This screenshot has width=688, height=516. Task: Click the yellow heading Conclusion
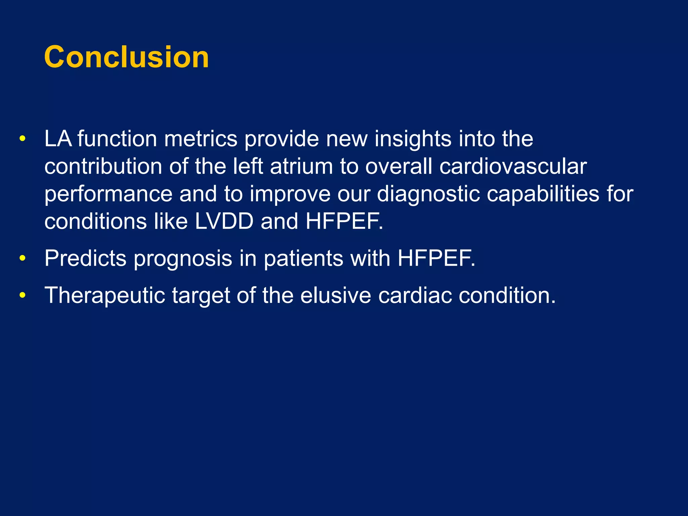[x=126, y=57]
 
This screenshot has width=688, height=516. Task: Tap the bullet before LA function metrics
[x=23, y=138]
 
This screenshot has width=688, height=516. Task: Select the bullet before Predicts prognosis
[x=23, y=258]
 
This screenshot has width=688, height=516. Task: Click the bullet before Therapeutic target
[x=23, y=295]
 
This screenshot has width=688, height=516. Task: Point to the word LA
[x=58, y=138]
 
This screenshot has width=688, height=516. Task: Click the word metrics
[x=201, y=138]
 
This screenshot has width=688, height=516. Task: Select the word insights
[x=413, y=138]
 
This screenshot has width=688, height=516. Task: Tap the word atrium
[x=301, y=166]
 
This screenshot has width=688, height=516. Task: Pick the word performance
[x=108, y=195]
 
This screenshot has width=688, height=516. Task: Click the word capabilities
[x=543, y=194]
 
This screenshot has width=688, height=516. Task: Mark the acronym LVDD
[x=224, y=222]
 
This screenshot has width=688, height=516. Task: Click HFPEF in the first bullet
[x=344, y=222]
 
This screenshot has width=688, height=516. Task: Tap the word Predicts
[x=85, y=258]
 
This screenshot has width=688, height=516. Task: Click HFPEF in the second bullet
[x=436, y=258]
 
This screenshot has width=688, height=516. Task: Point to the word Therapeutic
[x=104, y=296]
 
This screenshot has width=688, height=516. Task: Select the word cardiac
[x=415, y=295]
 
